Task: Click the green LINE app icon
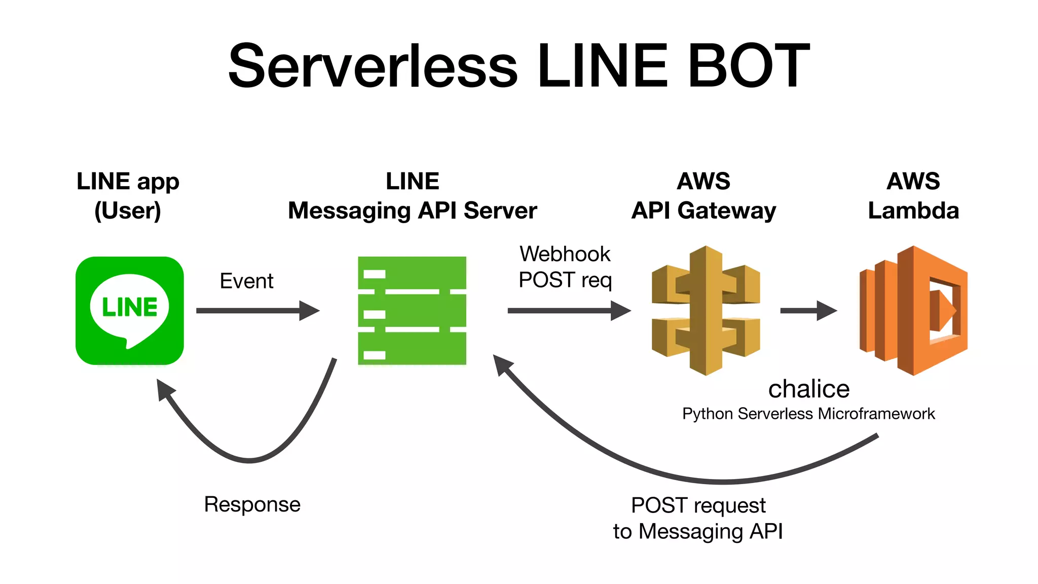[130, 310]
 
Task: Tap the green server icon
[412, 310]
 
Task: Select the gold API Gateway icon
[706, 310]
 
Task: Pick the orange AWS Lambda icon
[913, 310]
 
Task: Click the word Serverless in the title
[373, 66]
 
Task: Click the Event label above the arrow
[246, 281]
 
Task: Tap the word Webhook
[565, 254]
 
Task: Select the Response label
[252, 504]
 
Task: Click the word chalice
[808, 389]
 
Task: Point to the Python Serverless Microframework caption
[808, 414]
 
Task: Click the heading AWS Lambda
[913, 196]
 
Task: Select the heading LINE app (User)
[128, 196]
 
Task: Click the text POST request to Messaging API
[698, 518]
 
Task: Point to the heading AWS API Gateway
[703, 196]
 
